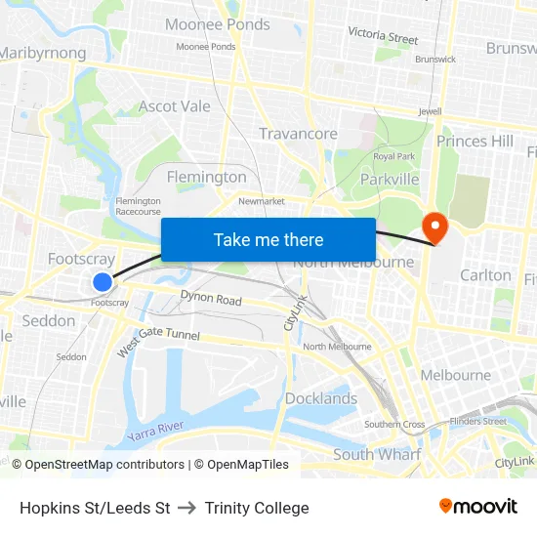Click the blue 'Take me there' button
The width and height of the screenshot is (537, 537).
(268, 239)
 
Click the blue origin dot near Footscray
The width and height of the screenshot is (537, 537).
(103, 282)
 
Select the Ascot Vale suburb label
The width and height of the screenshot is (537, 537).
(175, 106)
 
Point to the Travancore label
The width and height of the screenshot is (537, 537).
(298, 134)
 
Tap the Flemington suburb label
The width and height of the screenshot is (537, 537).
(207, 177)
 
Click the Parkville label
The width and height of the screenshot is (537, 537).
(390, 179)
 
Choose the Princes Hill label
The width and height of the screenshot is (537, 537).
(475, 142)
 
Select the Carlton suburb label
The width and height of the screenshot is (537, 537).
(485, 275)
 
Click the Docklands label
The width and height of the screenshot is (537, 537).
(321, 398)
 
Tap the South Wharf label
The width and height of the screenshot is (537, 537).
(377, 454)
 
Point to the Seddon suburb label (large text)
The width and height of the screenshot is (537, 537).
(49, 320)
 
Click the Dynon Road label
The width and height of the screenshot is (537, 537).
(211, 299)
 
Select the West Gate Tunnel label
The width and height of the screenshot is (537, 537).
(158, 341)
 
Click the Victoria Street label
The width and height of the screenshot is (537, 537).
(383, 37)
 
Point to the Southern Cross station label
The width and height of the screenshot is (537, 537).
(394, 425)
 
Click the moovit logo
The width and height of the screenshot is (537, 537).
(477, 507)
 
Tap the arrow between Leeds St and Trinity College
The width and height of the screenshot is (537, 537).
(187, 508)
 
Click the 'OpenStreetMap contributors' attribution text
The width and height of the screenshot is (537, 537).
(104, 465)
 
